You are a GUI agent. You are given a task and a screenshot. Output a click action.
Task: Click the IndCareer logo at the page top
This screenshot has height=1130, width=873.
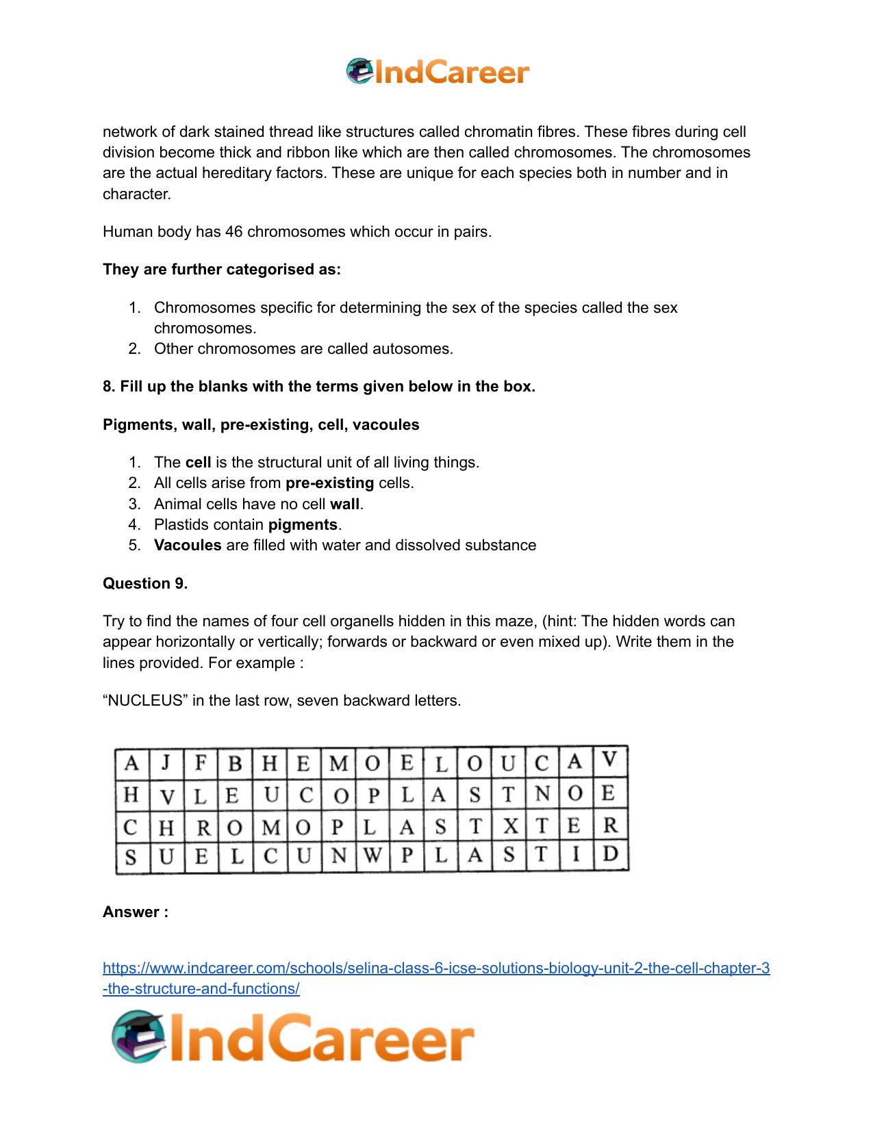(438, 72)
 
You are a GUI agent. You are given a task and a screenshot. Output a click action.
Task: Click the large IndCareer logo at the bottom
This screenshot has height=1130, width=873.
(293, 1037)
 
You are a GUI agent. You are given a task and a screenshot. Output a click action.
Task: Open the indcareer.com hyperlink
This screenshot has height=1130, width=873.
(435, 968)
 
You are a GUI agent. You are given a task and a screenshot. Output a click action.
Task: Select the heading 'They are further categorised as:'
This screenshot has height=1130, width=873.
(221, 270)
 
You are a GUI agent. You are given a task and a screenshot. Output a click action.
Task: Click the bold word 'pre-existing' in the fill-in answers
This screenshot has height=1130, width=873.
(329, 483)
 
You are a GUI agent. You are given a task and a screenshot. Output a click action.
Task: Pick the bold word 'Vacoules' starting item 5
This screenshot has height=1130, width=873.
(188, 545)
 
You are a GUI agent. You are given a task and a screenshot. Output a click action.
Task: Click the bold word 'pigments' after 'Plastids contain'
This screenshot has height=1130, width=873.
(303, 525)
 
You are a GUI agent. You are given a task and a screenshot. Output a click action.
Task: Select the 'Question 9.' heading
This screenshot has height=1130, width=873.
(145, 584)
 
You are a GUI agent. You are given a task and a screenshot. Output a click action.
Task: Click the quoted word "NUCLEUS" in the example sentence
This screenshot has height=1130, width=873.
(145, 701)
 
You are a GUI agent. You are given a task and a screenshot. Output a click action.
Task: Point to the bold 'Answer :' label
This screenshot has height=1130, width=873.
(136, 912)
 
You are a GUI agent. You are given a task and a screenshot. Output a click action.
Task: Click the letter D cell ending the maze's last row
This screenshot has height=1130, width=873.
(611, 854)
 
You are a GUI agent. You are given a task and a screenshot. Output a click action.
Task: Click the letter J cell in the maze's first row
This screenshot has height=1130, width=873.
(165, 762)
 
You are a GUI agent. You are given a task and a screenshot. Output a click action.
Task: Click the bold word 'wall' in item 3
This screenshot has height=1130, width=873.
(344, 504)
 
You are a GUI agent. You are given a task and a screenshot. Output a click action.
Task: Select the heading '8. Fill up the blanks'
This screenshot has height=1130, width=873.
(318, 387)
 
